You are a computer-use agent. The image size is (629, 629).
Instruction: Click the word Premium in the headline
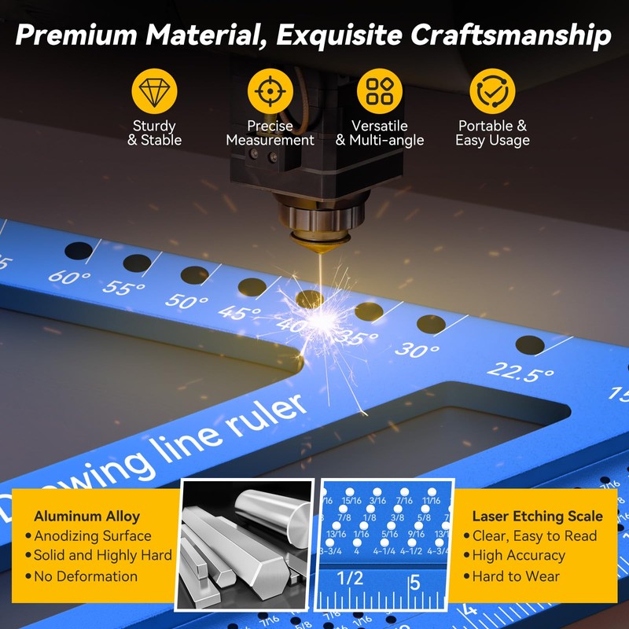tap(84, 35)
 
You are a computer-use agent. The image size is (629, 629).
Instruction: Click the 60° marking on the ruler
tap(65, 277)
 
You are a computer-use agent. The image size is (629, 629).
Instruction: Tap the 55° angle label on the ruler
tap(123, 289)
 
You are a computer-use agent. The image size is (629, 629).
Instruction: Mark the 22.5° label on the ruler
tap(521, 372)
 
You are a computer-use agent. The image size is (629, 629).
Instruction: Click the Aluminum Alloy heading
tap(86, 517)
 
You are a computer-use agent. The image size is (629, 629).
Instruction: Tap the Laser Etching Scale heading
tap(537, 517)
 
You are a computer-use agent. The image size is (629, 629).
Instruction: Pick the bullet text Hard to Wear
tap(516, 576)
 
